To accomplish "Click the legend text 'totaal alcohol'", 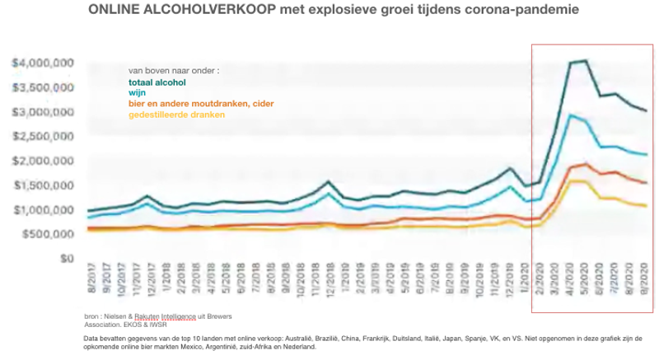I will [157, 82].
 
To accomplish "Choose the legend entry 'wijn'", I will [137, 93].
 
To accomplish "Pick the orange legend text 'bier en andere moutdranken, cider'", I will [200, 104].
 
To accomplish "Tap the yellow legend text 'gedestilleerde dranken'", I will [176, 115].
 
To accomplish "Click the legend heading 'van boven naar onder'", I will [173, 71].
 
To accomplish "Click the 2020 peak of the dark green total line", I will [584, 60].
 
